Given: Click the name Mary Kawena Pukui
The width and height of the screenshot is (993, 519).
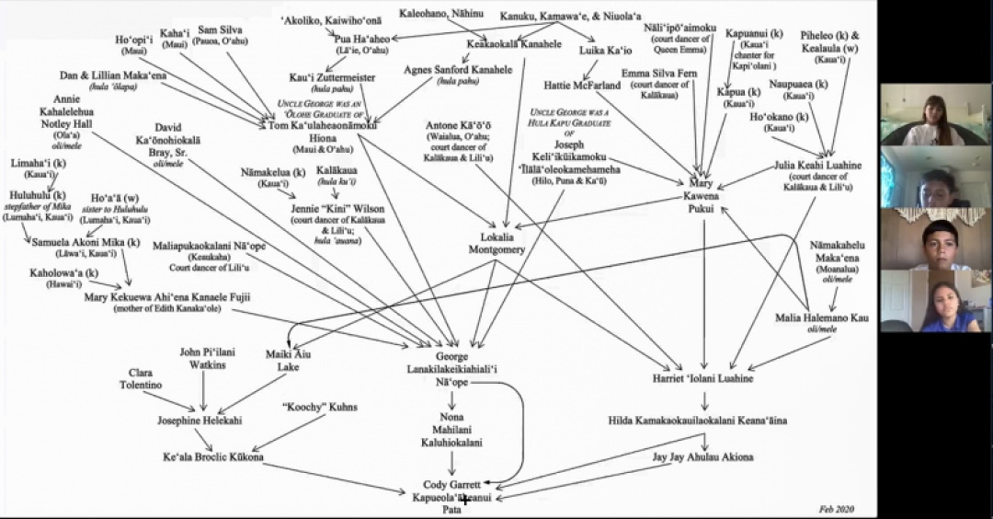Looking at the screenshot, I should point(703,195).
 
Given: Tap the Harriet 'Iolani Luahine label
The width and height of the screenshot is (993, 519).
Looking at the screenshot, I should point(703,378).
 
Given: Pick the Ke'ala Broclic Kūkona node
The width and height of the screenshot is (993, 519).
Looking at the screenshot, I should point(212,457).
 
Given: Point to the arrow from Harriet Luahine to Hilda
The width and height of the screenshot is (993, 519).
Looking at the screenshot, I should point(704,400).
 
